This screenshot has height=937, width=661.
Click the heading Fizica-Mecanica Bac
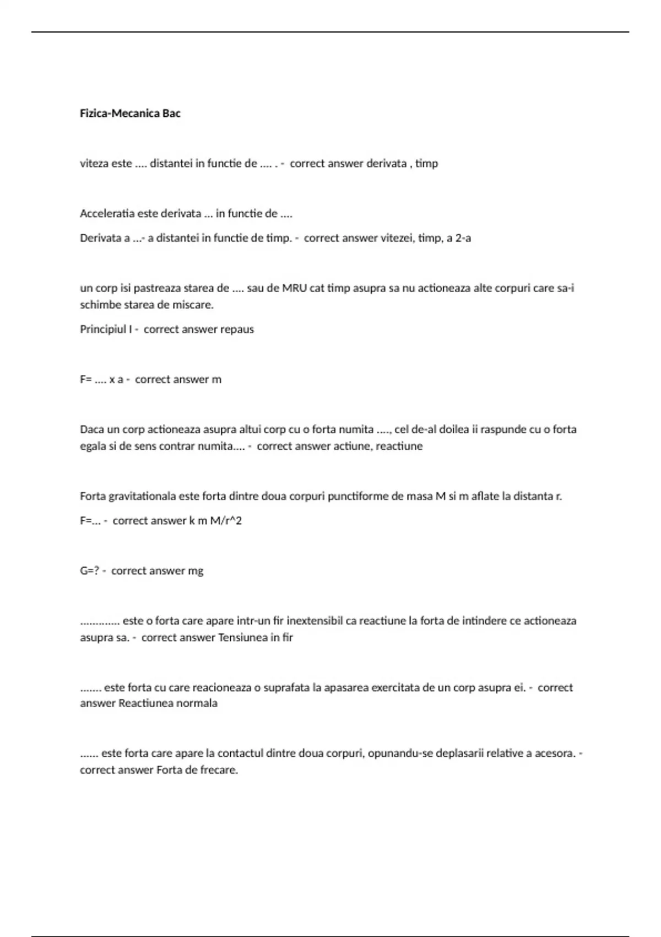[130, 114]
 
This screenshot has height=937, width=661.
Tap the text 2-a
[463, 239]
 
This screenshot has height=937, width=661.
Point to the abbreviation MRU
[295, 288]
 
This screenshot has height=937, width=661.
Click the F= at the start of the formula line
[85, 380]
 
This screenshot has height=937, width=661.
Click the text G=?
[89, 571]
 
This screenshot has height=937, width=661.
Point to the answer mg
[196, 571]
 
